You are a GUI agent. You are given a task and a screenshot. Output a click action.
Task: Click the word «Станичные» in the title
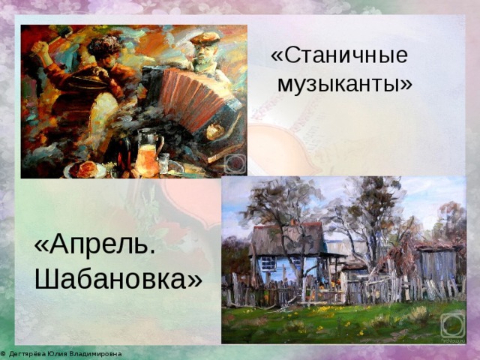point(339,56)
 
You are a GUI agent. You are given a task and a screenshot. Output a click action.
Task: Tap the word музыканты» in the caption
point(345,83)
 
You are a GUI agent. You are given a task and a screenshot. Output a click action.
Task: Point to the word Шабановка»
point(118,279)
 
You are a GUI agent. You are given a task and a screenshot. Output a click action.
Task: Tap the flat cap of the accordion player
point(205,38)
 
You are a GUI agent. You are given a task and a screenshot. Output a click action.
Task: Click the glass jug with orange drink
point(148,153)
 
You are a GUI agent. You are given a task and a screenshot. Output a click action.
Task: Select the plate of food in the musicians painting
point(85,169)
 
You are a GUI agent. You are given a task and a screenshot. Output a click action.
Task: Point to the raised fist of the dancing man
point(40,48)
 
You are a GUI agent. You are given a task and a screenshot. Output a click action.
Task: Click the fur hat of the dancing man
point(105,45)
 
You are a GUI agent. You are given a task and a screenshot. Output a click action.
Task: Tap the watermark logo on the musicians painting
point(235,163)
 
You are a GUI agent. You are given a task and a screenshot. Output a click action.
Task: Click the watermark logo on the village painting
point(453,326)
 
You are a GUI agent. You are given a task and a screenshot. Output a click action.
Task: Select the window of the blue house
point(268,263)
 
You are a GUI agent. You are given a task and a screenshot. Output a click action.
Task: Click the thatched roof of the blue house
point(287,238)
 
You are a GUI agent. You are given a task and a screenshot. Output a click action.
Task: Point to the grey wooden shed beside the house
point(438,264)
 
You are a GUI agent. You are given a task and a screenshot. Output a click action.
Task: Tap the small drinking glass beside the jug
point(163,163)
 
